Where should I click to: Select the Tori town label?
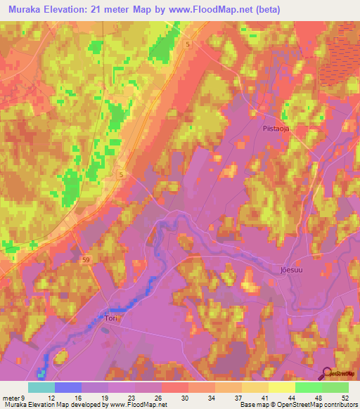(x=110, y=318)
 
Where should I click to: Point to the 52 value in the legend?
(x=345, y=397)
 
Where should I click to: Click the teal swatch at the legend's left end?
(x=41, y=387)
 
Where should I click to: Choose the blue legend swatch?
(x=68, y=387)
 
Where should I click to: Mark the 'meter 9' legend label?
(x=14, y=397)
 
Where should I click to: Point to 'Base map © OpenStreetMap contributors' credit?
(x=297, y=405)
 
